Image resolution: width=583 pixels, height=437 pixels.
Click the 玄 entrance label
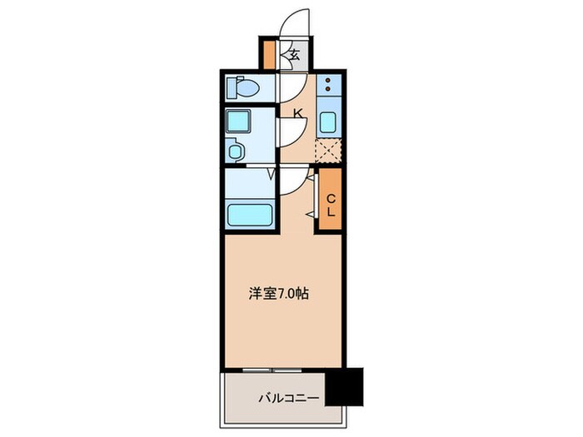[x=294, y=57]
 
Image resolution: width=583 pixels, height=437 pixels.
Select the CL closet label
[x=329, y=205]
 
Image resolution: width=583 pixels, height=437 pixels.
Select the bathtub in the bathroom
[x=251, y=215]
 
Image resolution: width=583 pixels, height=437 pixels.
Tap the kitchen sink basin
[x=328, y=123]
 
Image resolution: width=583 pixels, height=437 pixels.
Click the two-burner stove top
[x=328, y=86]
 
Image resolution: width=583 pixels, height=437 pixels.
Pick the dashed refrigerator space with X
[x=328, y=151]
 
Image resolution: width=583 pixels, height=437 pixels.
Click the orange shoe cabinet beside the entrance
[x=270, y=55]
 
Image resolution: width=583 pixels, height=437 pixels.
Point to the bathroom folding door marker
[x=271, y=175]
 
